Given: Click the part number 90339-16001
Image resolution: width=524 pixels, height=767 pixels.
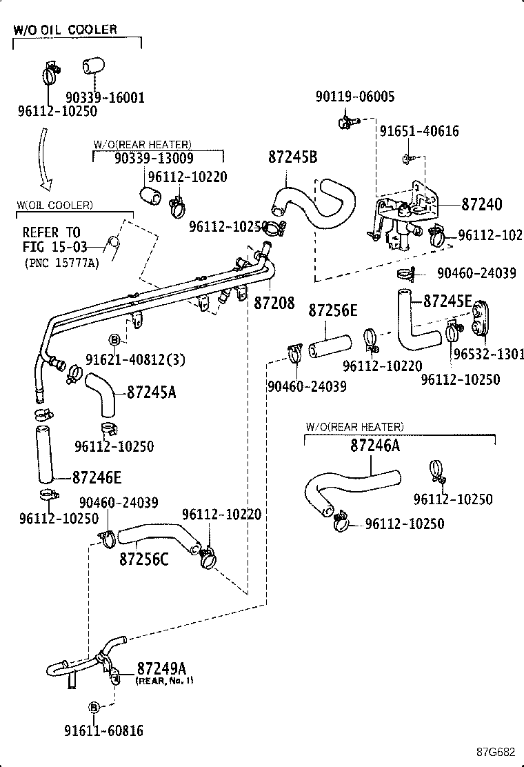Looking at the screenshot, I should [x=105, y=97].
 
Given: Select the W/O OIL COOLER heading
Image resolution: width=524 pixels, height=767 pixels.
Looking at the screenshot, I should [x=66, y=30].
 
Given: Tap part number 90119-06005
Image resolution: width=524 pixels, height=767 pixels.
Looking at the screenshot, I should [x=354, y=97].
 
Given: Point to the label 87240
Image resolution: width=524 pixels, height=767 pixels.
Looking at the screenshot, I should [x=481, y=204].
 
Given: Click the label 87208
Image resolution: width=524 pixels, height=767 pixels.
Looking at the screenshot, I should [x=274, y=303].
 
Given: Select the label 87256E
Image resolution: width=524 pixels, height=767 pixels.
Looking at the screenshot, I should [x=332, y=310].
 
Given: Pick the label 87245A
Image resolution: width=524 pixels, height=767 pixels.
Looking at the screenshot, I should [x=152, y=392].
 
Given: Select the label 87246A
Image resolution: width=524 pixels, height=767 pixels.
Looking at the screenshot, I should [x=374, y=446].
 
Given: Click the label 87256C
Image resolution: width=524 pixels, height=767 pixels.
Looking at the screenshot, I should [x=143, y=557].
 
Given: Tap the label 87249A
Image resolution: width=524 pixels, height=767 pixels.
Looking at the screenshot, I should [x=161, y=668].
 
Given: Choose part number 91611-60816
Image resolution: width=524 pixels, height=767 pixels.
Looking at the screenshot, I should [x=104, y=730].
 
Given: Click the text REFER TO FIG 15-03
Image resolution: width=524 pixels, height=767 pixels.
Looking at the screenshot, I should [x=51, y=238].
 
